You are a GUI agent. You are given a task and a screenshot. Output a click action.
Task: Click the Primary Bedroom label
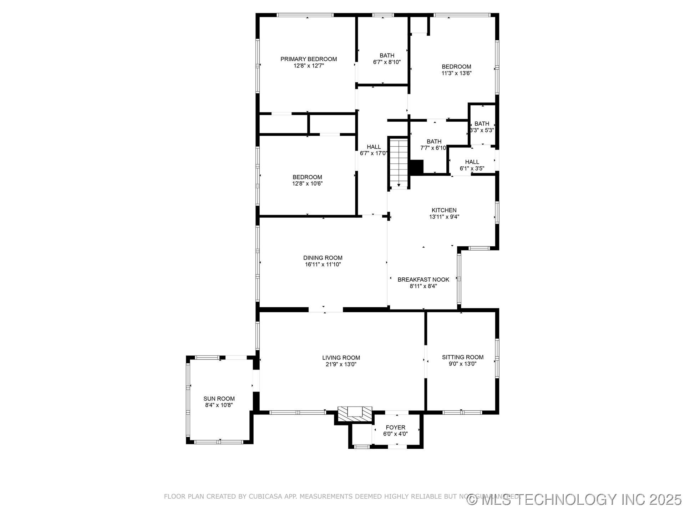[309, 59]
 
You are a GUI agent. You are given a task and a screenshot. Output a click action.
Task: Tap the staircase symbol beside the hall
[398, 163]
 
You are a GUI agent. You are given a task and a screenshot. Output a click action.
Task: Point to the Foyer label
[395, 428]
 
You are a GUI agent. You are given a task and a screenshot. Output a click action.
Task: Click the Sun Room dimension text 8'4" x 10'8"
[219, 405]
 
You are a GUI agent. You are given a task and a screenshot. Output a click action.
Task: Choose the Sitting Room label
[463, 357]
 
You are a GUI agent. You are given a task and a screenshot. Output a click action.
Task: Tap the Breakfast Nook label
[423, 280]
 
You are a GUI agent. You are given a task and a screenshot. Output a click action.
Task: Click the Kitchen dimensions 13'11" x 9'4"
[444, 217]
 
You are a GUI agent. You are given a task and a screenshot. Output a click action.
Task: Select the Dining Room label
[323, 258]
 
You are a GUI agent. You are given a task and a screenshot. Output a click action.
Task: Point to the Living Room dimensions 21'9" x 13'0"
[341, 364]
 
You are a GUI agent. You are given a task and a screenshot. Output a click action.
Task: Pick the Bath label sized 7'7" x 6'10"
[434, 142]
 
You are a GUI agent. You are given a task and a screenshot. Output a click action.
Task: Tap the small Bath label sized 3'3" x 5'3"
[482, 124]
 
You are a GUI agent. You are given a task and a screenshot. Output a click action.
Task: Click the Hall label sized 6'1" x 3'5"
[472, 162]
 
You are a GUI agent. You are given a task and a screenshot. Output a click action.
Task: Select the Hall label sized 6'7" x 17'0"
[374, 147]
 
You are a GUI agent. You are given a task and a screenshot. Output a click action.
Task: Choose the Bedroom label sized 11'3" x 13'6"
[456, 67]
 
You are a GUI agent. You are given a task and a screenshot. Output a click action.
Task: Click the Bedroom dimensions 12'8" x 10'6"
[308, 184]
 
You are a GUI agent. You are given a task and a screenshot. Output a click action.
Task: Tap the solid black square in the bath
[416, 167]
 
